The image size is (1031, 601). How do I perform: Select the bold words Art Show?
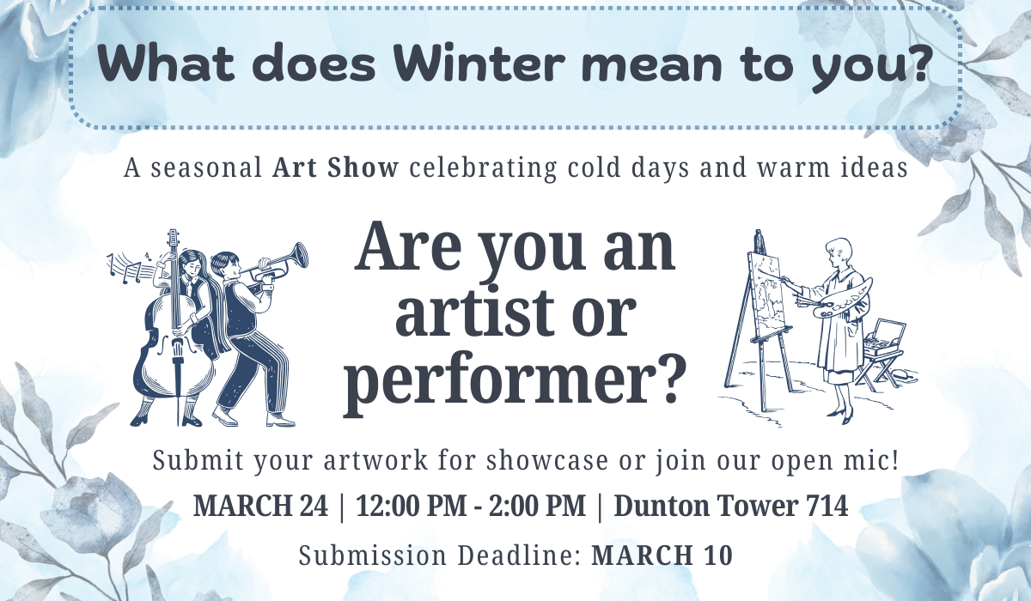(x=335, y=167)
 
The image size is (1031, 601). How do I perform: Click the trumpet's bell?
(x=300, y=255)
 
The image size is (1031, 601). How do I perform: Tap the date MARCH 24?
(x=260, y=506)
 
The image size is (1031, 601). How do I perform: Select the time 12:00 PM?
(x=411, y=506)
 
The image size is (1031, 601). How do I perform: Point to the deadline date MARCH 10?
(x=662, y=555)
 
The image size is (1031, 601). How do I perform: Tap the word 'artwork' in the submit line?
(x=375, y=461)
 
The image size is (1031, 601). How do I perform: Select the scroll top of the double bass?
(x=173, y=239)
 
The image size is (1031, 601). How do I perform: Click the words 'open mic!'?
(x=834, y=461)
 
